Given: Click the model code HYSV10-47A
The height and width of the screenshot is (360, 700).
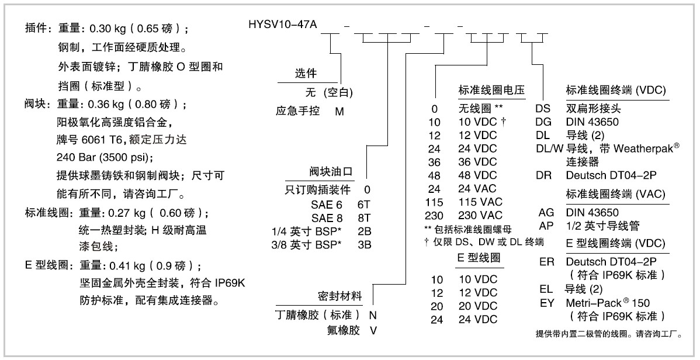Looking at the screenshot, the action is (x=283, y=24).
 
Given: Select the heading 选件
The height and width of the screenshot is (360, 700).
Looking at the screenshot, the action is (x=306, y=74).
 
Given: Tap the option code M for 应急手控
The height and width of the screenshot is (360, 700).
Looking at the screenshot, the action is (x=339, y=111).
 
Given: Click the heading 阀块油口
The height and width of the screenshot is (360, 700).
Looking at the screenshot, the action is (x=331, y=171).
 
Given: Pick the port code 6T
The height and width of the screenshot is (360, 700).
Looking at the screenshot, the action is (x=364, y=205).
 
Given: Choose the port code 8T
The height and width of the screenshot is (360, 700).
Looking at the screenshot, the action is (x=364, y=218).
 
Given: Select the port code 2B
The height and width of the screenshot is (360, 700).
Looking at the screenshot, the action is (x=364, y=231).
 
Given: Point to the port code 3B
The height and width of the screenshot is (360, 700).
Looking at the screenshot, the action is (x=364, y=245).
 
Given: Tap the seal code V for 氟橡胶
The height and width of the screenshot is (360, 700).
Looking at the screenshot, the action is (x=373, y=331).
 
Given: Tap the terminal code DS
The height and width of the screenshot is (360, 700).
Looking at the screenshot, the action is (x=543, y=109).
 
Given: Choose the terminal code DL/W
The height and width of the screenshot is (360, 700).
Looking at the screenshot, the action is (x=550, y=148).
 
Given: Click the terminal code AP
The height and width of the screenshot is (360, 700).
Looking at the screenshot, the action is (x=546, y=226).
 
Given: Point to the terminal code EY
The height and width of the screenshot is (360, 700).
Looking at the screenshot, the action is (x=547, y=303).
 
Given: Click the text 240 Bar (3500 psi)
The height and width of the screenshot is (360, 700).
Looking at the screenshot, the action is (x=105, y=158).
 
